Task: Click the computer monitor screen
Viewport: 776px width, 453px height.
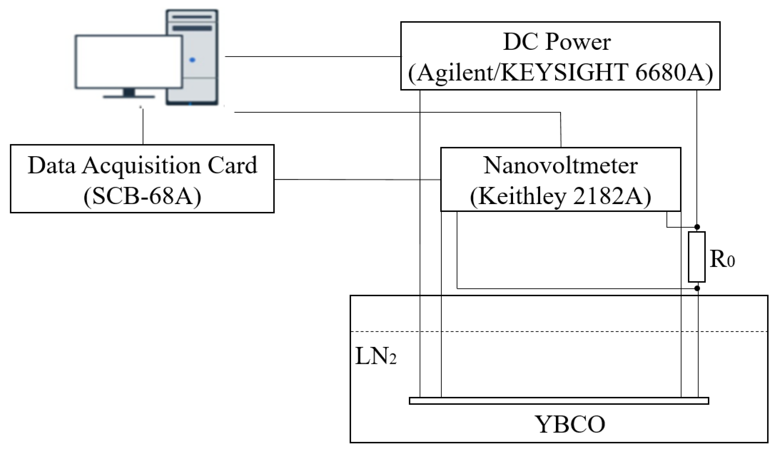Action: [x=128, y=62]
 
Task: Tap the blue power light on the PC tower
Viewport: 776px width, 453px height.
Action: [x=193, y=60]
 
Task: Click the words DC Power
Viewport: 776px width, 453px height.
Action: [x=557, y=42]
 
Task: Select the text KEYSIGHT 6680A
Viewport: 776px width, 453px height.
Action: [x=602, y=72]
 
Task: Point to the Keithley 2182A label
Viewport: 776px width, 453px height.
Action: [x=560, y=196]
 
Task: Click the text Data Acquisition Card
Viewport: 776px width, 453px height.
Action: [x=142, y=165]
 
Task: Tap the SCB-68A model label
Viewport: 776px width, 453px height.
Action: [x=142, y=196]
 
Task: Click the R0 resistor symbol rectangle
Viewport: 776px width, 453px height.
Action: [x=696, y=257]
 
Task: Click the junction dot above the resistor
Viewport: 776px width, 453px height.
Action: [x=697, y=227]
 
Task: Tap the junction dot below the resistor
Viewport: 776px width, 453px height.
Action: [x=697, y=288]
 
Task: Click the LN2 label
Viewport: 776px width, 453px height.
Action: [x=376, y=356]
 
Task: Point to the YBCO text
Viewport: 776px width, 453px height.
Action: [x=570, y=425]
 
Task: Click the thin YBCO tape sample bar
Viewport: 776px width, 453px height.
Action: [x=559, y=401]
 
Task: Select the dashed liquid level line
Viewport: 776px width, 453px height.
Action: [x=557, y=331]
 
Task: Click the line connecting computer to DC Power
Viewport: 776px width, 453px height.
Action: [x=313, y=57]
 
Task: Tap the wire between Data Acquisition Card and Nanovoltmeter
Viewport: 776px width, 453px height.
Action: [x=357, y=179]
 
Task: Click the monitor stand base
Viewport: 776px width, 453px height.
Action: [x=129, y=97]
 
